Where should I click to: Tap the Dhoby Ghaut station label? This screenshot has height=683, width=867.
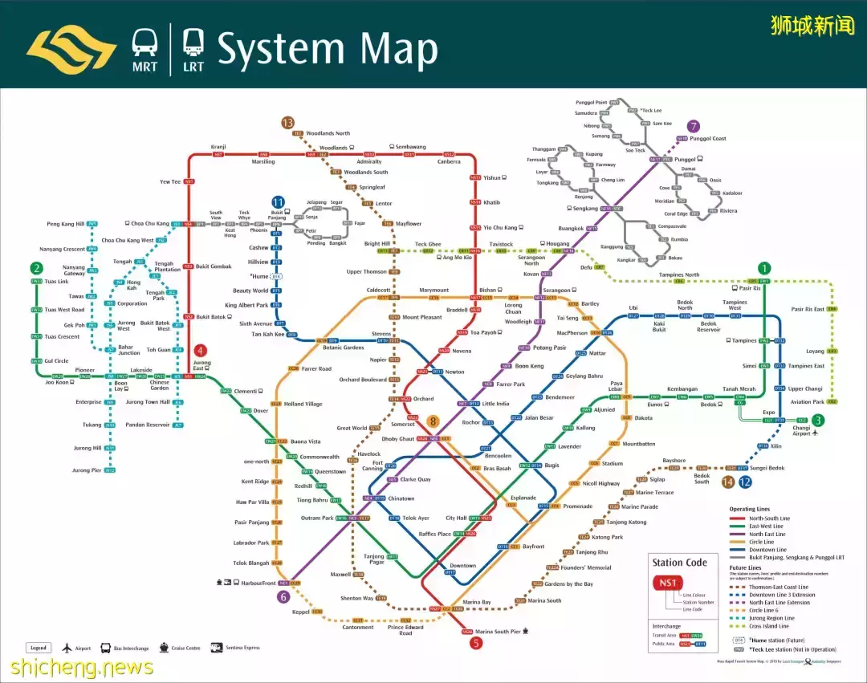(x=397, y=439)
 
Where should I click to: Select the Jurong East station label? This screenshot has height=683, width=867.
(x=201, y=366)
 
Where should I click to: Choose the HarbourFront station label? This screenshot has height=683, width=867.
(x=257, y=583)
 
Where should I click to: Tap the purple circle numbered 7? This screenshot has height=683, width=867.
(x=694, y=126)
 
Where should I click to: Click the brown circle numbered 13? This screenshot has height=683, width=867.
(x=287, y=123)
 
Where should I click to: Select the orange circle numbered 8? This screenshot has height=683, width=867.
(x=433, y=421)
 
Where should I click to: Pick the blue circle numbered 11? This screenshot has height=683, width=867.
(x=278, y=202)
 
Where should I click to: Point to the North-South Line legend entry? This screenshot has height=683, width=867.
(x=768, y=518)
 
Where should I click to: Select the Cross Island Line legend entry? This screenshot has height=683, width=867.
(x=769, y=626)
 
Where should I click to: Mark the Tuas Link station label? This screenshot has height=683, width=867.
(x=56, y=282)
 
